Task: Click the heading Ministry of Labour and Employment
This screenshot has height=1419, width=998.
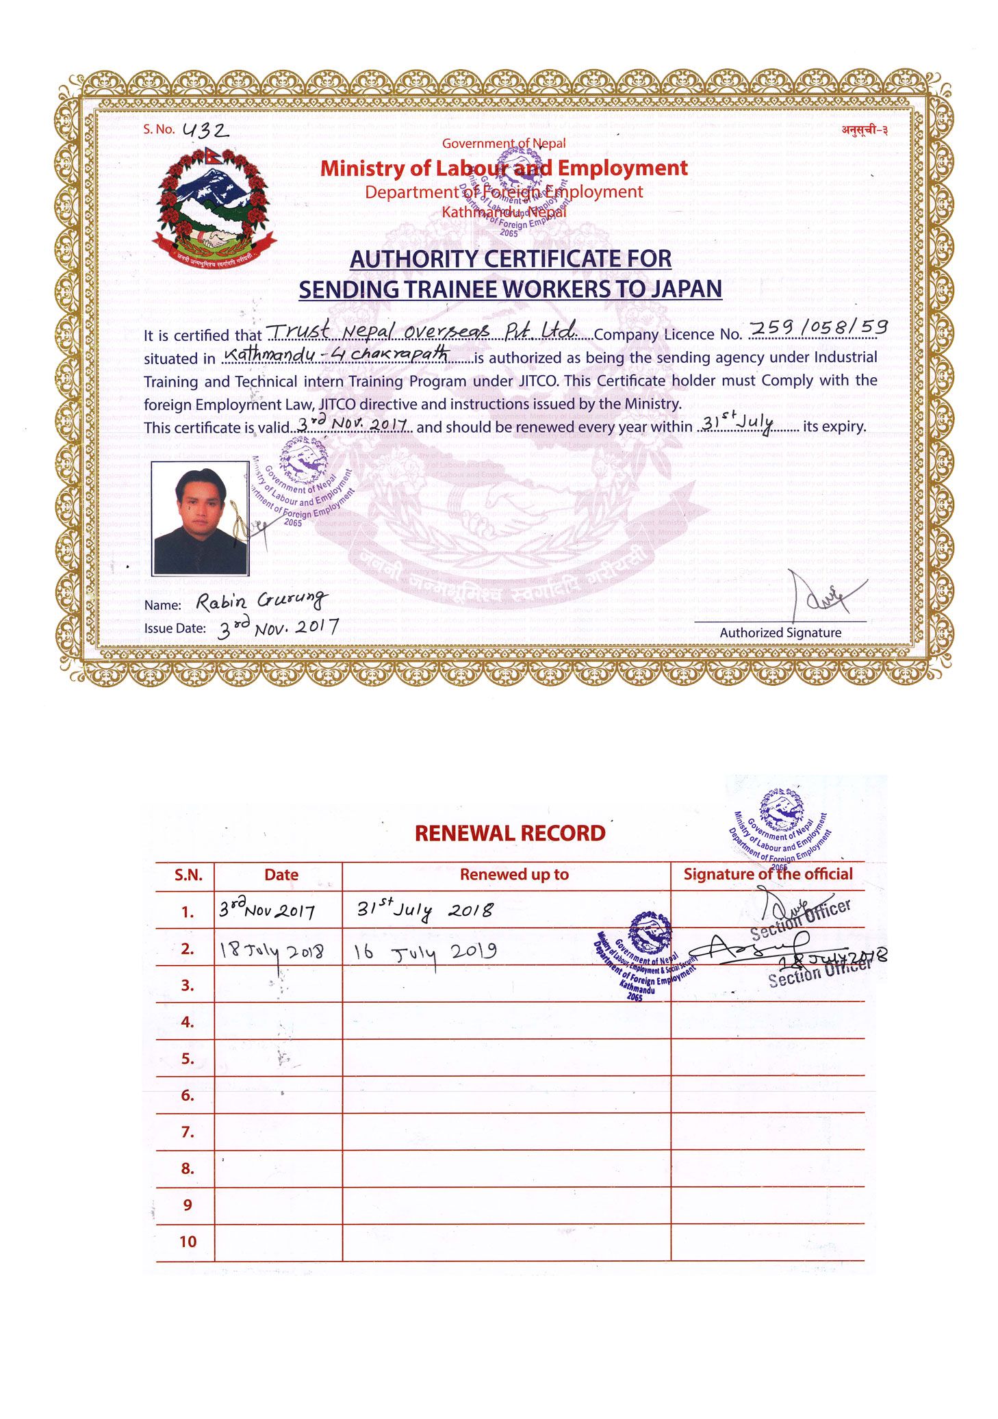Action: pos(504,168)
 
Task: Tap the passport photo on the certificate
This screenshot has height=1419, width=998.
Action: pos(200,518)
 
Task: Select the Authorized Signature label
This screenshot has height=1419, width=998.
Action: pos(780,633)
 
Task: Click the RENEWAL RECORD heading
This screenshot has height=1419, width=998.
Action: pos(510,833)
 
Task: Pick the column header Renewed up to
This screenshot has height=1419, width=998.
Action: pos(514,874)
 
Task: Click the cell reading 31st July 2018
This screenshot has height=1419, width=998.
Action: pos(424,910)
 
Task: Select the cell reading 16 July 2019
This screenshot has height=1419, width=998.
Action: pos(425,951)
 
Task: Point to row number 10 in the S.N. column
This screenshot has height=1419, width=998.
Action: pos(188,1242)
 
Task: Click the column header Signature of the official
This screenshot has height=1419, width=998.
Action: pos(768,874)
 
